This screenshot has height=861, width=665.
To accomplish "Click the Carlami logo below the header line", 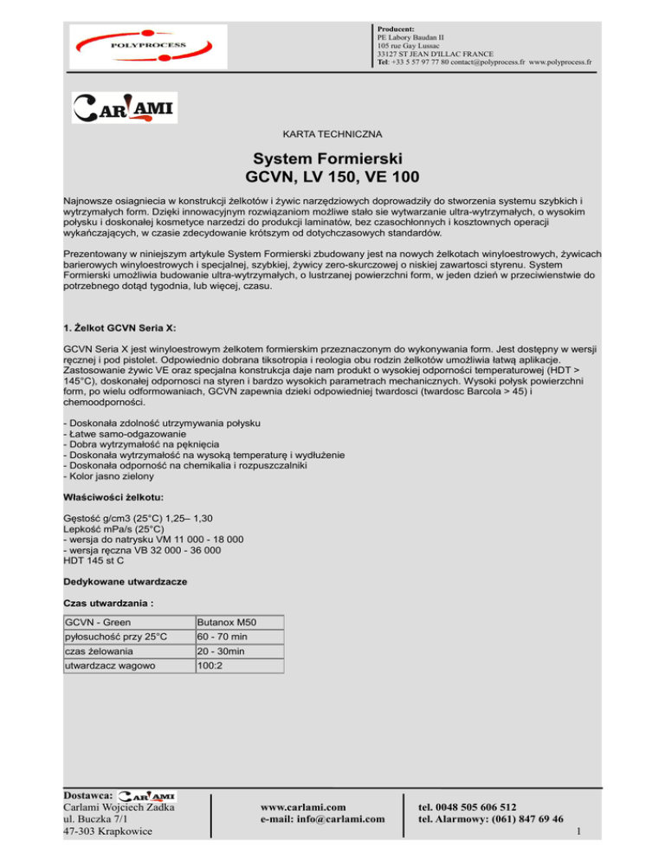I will pyautogui.click(x=124, y=107).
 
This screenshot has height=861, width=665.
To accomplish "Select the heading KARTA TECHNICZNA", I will pyautogui.click(x=332, y=135).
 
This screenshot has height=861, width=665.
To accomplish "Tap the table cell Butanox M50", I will pyautogui.click(x=227, y=622).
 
